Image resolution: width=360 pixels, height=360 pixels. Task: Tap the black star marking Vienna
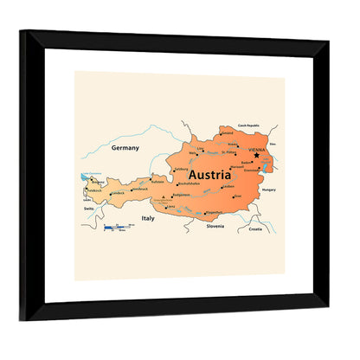point(256,155)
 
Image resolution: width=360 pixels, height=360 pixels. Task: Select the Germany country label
point(125,148)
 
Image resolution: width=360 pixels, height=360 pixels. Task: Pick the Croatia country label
point(254,229)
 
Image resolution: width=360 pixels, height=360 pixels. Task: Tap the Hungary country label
point(268,189)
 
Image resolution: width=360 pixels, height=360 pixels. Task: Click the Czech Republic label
point(247,125)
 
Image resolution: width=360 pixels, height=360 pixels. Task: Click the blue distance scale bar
point(114,227)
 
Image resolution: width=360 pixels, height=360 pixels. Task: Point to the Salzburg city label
point(181,170)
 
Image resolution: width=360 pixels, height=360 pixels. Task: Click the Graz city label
point(237,196)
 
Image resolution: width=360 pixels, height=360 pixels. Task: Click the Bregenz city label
point(100,182)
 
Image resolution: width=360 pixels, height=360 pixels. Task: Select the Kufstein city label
point(158,182)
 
